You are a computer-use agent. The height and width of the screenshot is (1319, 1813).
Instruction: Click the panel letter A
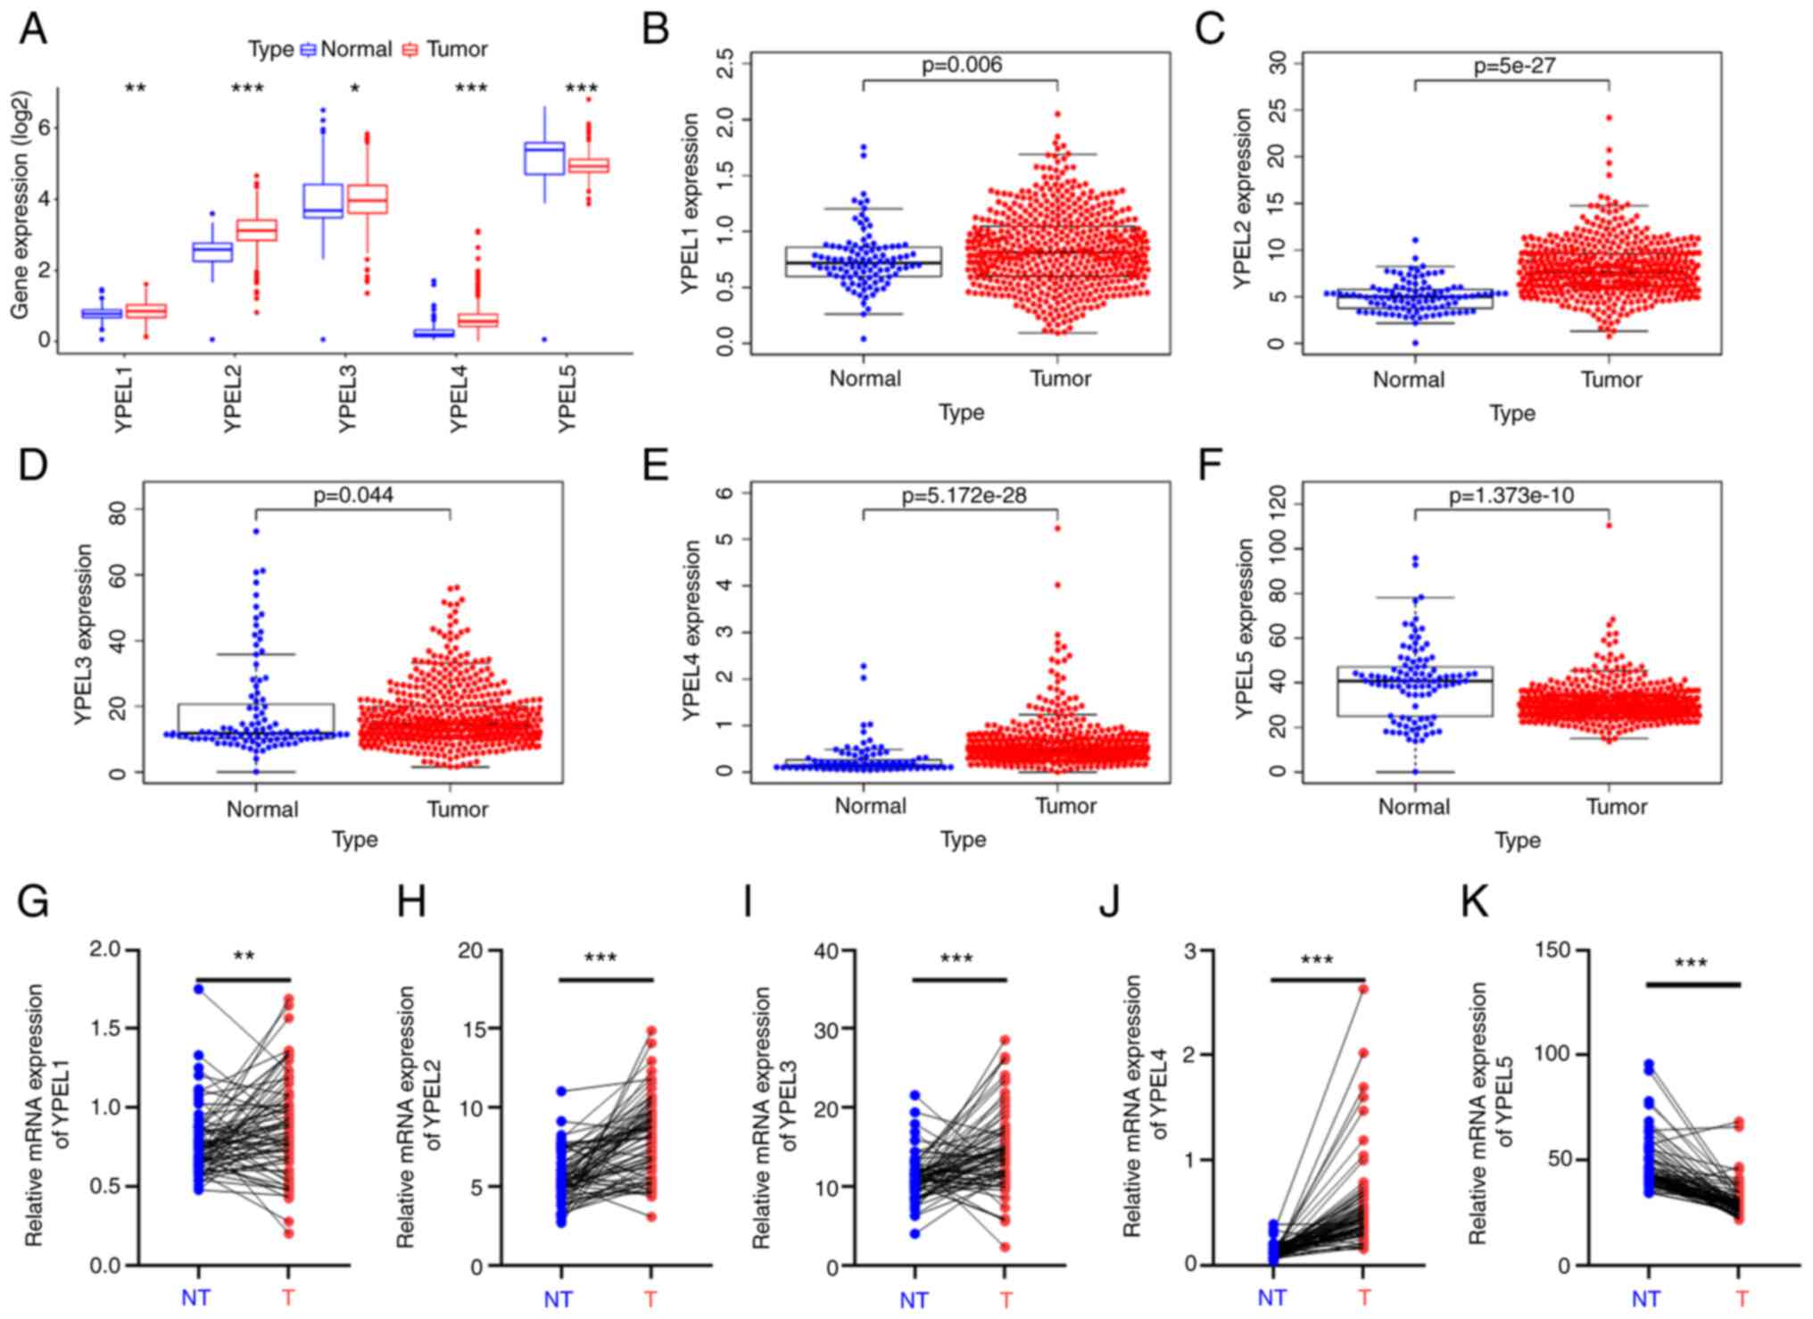[x=33, y=29]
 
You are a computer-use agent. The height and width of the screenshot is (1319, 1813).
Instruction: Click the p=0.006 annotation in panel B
[x=961, y=65]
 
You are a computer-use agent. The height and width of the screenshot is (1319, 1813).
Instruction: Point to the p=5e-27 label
[x=1514, y=65]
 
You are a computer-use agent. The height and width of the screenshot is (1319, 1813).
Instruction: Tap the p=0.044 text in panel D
[x=353, y=494]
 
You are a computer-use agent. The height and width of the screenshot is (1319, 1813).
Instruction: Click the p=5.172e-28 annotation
[x=964, y=495]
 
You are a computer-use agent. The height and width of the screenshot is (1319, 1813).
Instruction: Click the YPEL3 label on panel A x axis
[x=347, y=399]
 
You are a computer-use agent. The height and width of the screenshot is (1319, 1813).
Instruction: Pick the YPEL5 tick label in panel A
[x=567, y=399]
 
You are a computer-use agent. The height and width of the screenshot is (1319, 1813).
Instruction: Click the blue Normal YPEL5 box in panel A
[x=544, y=158]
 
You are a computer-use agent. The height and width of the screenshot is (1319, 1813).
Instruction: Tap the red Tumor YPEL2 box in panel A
[x=256, y=229]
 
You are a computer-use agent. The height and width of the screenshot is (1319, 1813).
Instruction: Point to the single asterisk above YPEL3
[x=354, y=89]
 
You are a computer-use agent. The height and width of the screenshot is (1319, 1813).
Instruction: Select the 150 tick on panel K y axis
[x=1552, y=950]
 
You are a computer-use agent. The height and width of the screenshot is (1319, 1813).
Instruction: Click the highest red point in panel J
[x=1363, y=989]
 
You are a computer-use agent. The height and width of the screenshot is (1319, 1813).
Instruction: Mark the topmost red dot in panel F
[x=1610, y=526]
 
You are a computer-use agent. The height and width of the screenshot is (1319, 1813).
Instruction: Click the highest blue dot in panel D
[x=256, y=531]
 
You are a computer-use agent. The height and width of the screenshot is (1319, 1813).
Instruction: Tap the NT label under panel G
[x=195, y=1298]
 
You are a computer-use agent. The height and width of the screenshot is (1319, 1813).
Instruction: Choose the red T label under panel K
[x=1741, y=1298]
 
